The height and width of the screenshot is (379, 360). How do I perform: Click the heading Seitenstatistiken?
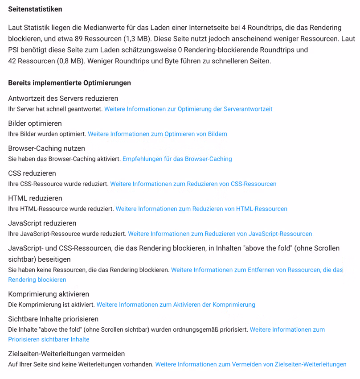click(35, 9)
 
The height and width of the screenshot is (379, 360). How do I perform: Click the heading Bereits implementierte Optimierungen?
click(70, 83)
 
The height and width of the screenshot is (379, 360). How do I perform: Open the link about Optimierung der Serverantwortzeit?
click(188, 109)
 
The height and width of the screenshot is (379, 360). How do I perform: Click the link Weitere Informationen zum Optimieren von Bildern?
click(157, 134)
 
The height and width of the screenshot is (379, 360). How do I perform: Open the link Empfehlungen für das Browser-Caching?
click(177, 159)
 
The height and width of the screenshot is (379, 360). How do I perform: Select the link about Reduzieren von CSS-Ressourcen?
click(193, 184)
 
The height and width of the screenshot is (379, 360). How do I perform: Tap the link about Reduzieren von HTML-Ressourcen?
click(201, 209)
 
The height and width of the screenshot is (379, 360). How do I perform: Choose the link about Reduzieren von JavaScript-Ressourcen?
click(220, 234)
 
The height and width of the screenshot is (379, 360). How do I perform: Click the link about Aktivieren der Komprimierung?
click(176, 305)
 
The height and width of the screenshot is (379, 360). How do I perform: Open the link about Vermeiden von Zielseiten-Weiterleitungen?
click(250, 364)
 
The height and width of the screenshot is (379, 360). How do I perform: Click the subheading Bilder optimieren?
click(35, 123)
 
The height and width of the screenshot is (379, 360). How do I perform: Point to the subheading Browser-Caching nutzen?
click(46, 148)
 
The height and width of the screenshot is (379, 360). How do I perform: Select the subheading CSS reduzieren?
click(32, 173)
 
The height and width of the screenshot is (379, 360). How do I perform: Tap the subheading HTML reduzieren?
click(35, 198)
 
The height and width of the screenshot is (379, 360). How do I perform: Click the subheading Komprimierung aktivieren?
click(49, 294)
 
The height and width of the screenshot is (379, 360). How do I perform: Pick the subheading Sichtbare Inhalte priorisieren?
click(53, 319)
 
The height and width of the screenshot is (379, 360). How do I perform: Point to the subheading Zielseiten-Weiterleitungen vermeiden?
click(66, 354)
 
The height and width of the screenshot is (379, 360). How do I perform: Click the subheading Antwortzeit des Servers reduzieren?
click(63, 98)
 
